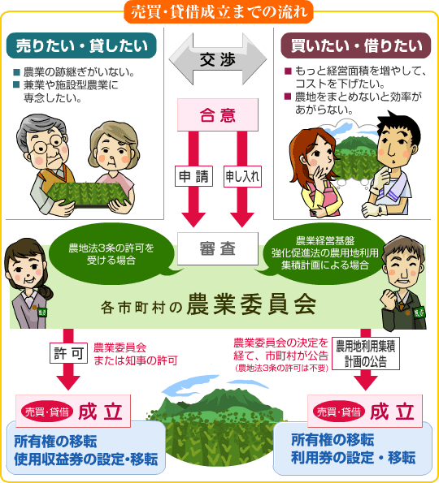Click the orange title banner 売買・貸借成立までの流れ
point(219,12)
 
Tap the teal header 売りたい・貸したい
point(81,45)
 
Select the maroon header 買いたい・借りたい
point(356,45)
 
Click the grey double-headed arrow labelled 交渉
point(218,58)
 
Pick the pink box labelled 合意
point(218,115)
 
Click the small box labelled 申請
point(193,176)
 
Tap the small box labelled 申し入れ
point(242,176)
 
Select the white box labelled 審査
point(218,248)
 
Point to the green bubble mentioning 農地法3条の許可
point(111,254)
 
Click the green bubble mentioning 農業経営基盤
point(324,253)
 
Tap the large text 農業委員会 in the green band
point(251,304)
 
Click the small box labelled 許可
point(69,353)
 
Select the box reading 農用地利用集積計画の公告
point(366,354)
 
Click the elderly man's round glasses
point(49,144)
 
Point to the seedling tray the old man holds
point(87,193)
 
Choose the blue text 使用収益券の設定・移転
point(85,459)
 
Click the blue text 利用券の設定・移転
point(354,458)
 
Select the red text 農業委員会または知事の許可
point(136,354)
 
